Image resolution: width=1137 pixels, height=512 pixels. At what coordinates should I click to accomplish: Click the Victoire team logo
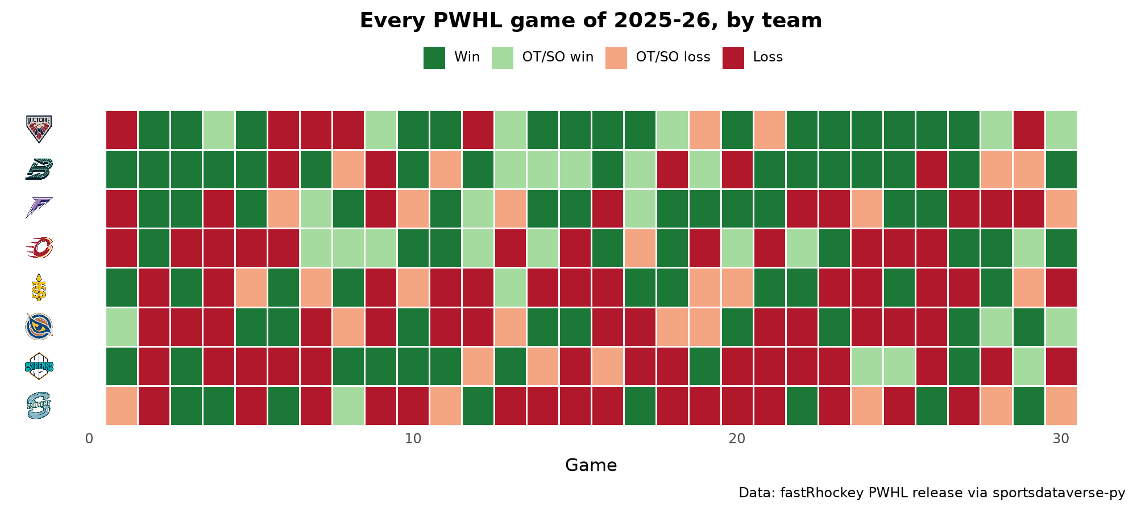coord(39,129)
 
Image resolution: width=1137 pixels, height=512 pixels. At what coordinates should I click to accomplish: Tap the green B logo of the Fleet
coord(39,169)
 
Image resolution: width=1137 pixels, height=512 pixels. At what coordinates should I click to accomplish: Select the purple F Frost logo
coord(39,208)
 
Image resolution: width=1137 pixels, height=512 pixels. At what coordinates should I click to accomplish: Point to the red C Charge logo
coord(39,248)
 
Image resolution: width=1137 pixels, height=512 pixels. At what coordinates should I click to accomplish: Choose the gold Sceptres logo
coord(39,287)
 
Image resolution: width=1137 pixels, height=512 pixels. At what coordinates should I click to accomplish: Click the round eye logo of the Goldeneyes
coord(39,327)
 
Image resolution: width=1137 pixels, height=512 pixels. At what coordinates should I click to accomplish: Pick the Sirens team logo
coord(39,366)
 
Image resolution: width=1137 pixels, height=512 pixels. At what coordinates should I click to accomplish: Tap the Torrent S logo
coord(39,405)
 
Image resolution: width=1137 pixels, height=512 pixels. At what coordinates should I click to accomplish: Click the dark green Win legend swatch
coord(434,57)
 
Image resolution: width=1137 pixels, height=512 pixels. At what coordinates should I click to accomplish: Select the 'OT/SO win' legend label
coord(558,57)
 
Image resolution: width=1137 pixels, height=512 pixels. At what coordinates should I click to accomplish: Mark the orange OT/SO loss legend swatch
coord(616,57)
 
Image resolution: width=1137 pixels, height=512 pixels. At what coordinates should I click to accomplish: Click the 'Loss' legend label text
coord(768,57)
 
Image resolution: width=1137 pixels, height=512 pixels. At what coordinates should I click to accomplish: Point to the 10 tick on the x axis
coord(413,439)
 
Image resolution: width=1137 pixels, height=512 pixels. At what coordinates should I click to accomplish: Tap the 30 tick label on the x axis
coord(1061,439)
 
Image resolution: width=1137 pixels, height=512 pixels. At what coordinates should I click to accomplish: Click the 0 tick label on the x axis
coord(89,439)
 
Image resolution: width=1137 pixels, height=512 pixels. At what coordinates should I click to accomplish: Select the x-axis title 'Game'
coord(591,465)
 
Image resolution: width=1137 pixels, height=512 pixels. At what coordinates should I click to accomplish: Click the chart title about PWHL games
coord(591,20)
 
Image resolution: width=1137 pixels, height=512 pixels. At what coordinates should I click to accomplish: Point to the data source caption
coord(932,493)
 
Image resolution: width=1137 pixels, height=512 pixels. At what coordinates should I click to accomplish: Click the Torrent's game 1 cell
coord(122,406)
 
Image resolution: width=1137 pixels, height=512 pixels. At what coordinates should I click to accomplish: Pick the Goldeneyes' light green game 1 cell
coord(122,327)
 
